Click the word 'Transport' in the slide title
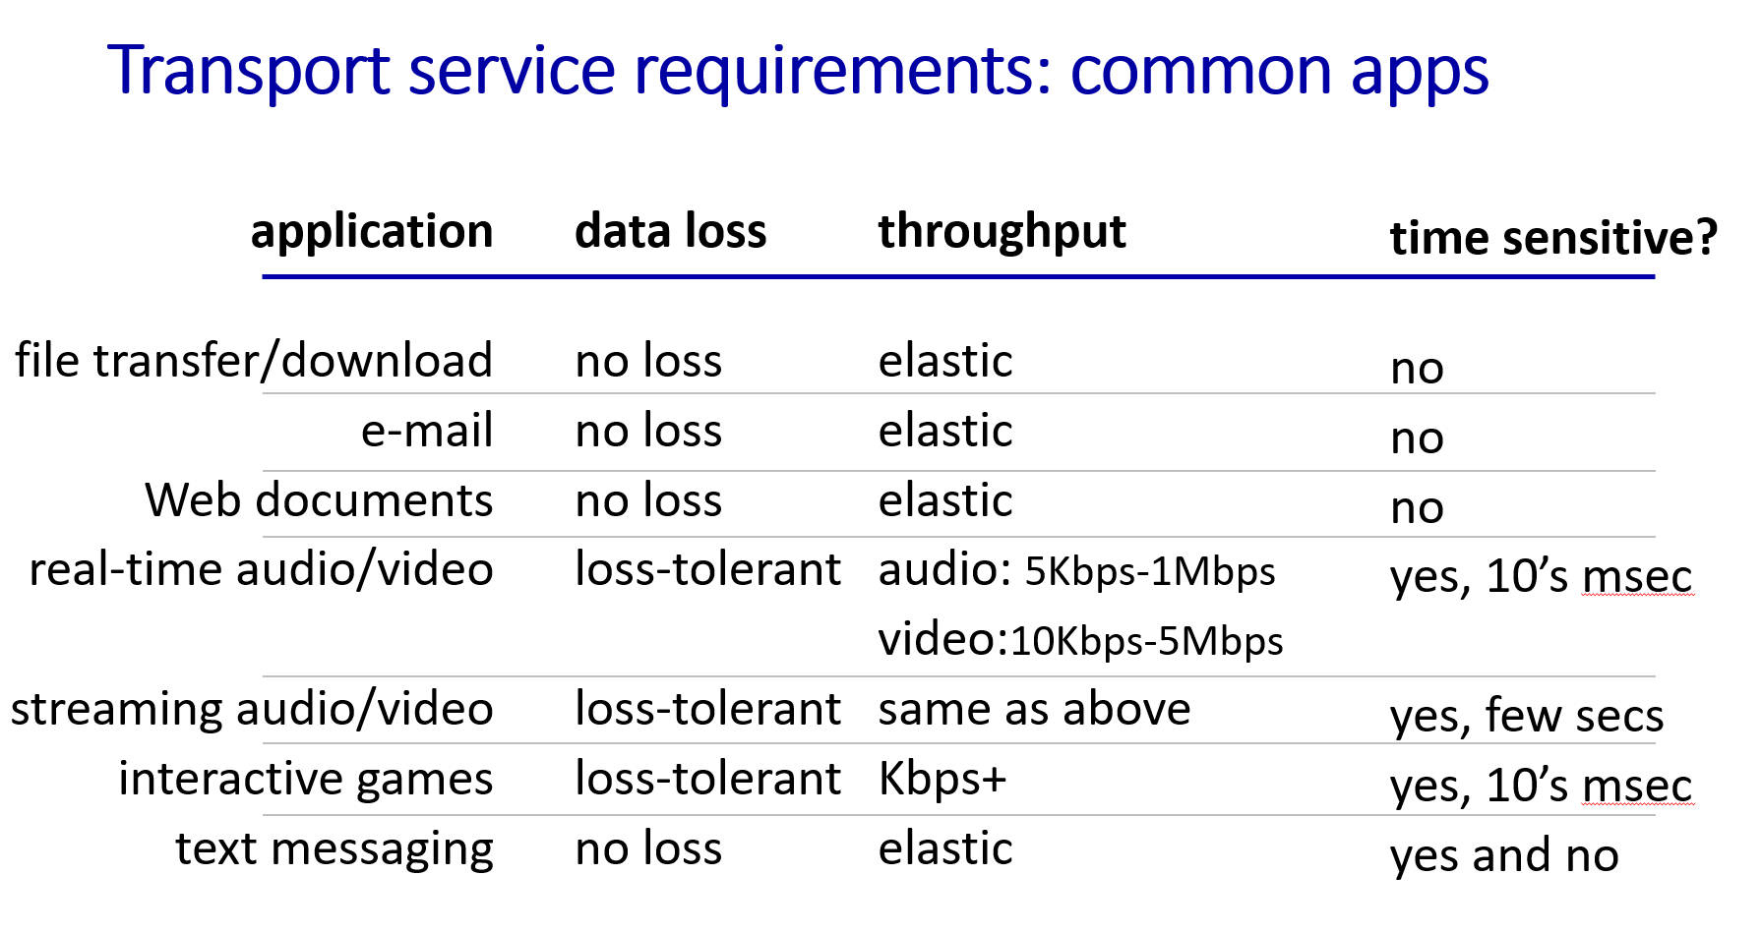point(249,72)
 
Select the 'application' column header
point(372,233)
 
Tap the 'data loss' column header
point(670,231)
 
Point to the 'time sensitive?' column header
point(1553,238)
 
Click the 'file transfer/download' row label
point(254,360)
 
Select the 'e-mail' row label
point(427,431)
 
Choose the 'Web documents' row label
point(319,500)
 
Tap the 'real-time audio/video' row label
point(262,570)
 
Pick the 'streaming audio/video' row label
point(252,710)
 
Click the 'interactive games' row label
point(306,780)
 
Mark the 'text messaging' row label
point(334,849)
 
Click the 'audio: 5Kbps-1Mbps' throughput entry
point(1076,570)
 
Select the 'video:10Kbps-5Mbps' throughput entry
point(1080,640)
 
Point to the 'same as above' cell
point(1034,709)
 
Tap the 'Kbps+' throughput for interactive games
point(942,779)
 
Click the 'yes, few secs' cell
point(1527,716)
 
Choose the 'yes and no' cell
point(1504,855)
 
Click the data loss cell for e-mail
point(648,431)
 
